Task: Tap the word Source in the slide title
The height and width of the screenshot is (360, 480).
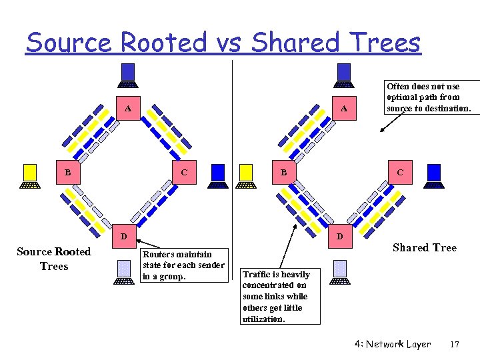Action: [x=69, y=43]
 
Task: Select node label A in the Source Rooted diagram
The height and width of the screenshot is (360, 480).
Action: [x=127, y=108]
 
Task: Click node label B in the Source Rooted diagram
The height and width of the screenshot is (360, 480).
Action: [x=67, y=172]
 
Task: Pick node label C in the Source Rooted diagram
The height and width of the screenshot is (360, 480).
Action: [x=184, y=172]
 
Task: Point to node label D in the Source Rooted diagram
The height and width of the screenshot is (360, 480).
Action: [x=123, y=235]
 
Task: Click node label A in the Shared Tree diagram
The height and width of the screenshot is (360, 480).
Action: [x=344, y=108]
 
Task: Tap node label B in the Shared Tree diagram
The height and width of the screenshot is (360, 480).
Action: [x=283, y=172]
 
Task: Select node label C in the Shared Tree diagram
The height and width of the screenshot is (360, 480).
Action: [x=400, y=172]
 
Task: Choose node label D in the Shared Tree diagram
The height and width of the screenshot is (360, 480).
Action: [x=340, y=235]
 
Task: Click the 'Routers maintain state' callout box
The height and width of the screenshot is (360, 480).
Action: [x=185, y=265]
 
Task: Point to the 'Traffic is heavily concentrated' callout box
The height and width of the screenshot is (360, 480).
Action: [x=280, y=296]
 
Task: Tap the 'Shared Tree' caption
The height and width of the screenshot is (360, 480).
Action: [x=425, y=248]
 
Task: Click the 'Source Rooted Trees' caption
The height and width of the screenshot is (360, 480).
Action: [x=54, y=259]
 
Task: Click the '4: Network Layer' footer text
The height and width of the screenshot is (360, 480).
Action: [x=393, y=345]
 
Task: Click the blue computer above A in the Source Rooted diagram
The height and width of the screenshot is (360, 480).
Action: [x=128, y=75]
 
